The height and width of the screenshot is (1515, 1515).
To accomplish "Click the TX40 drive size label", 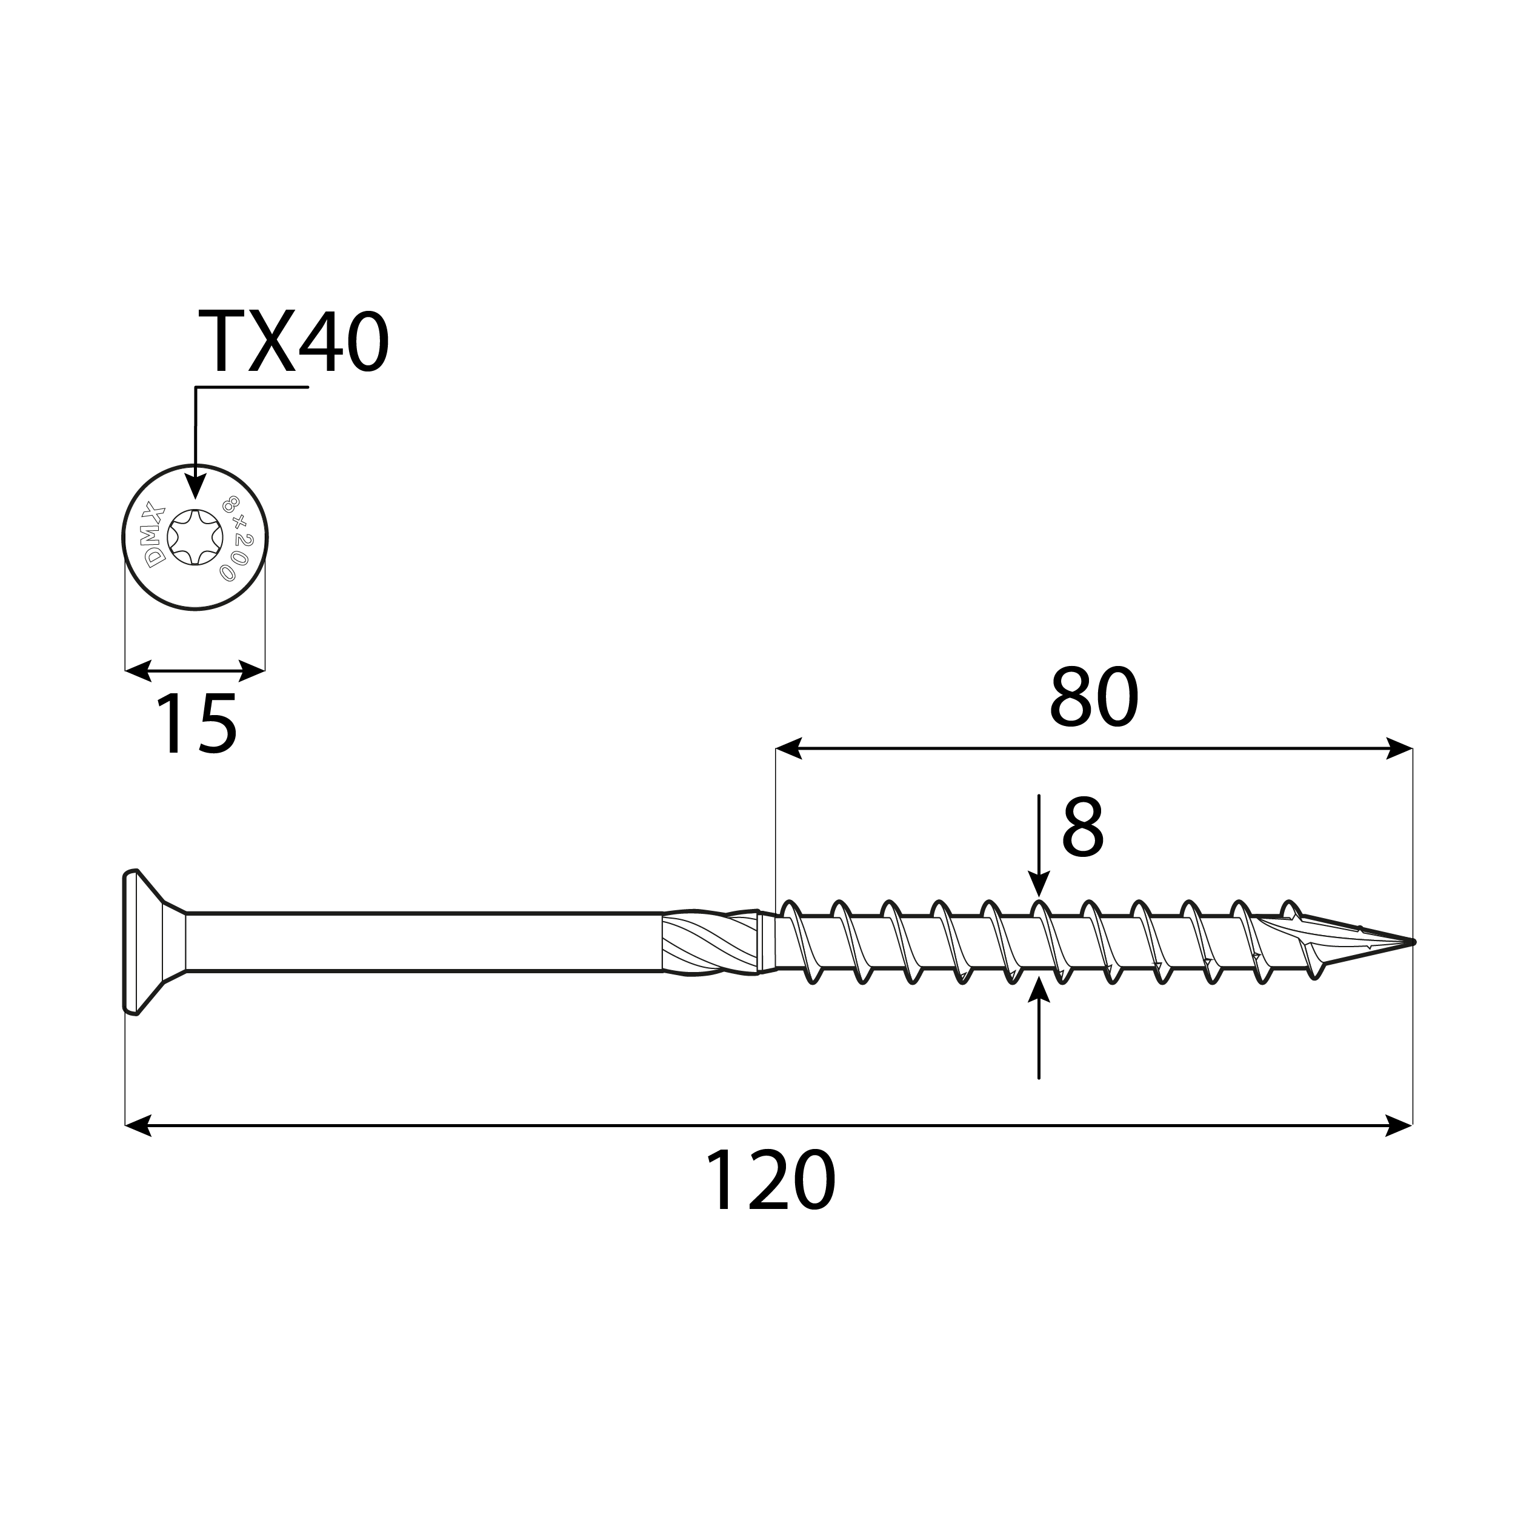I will click(x=293, y=342).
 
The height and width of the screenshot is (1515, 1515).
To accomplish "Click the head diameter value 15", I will click(x=196, y=726).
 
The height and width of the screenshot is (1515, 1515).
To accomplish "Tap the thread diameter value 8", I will click(x=1082, y=829).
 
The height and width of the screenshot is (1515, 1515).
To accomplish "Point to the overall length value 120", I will click(x=771, y=1181).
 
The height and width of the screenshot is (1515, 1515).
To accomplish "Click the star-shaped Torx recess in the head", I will click(x=195, y=537).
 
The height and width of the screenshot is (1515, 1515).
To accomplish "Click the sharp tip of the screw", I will click(x=1411, y=941).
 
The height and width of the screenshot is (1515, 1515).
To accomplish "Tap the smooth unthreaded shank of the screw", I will click(x=424, y=942).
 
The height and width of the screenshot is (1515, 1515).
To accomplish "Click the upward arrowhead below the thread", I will click(x=1038, y=990).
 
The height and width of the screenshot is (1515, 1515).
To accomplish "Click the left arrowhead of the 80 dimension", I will click(x=788, y=748).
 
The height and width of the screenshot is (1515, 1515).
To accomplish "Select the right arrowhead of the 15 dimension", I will click(x=253, y=670).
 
